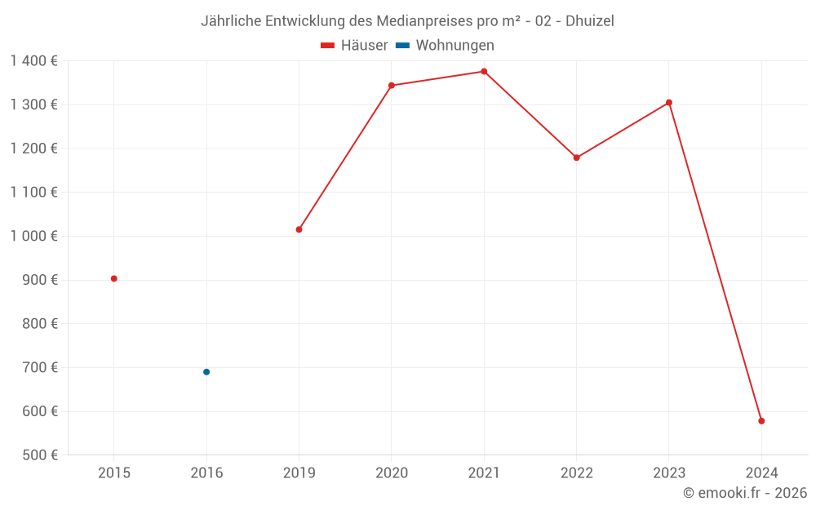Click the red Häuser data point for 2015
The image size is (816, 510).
(114, 279)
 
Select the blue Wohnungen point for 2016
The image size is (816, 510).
(206, 372)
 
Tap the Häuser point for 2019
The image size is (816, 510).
(299, 229)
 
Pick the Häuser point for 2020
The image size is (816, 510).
(392, 86)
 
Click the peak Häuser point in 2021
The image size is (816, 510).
(484, 72)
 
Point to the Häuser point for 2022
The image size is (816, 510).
(576, 157)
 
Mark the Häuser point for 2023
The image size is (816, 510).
(669, 103)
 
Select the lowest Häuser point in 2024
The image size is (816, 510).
(761, 421)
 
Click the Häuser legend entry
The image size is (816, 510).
(355, 46)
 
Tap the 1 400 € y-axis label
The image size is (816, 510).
(33, 61)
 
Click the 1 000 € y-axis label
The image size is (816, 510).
(33, 236)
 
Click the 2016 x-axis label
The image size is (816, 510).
(206, 472)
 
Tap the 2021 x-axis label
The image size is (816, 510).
(484, 472)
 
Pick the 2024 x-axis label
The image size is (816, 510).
(761, 472)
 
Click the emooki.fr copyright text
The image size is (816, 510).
(745, 493)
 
